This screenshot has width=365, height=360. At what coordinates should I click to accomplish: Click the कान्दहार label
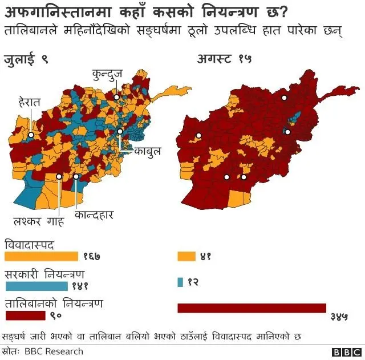coord(95,215)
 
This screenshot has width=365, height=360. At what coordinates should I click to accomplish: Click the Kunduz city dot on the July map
coord(116,98)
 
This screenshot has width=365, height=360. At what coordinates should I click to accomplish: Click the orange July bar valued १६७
coord(41,256)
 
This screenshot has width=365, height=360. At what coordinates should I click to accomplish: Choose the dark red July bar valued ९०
coord(25,314)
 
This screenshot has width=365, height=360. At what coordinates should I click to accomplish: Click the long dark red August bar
coord(252,308)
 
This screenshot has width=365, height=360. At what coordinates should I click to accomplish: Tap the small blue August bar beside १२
coord(180,282)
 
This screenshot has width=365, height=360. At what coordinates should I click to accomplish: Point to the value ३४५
coord(339,315)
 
